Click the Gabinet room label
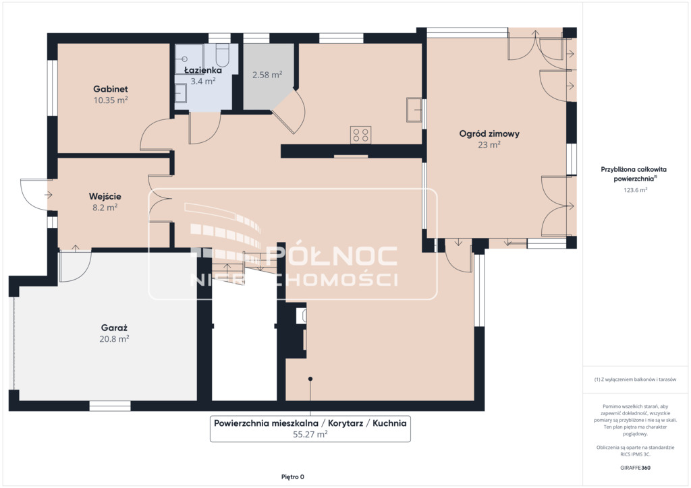(110, 89)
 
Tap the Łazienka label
(202, 70)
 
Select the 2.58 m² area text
(267, 75)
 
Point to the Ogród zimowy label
(489, 133)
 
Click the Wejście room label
(105, 196)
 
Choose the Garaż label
(114, 328)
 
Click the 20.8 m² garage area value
(114, 339)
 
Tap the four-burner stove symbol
(360, 135)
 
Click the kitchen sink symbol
(414, 110)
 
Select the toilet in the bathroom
(223, 55)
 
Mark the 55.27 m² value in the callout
(310, 434)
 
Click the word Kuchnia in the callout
(389, 423)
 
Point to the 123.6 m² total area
(635, 190)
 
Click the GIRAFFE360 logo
(635, 468)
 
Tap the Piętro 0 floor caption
(293, 477)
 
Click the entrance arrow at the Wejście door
(48, 195)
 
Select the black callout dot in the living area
(310, 379)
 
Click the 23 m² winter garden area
(489, 145)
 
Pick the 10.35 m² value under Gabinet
(110, 100)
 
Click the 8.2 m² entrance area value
(105, 208)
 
